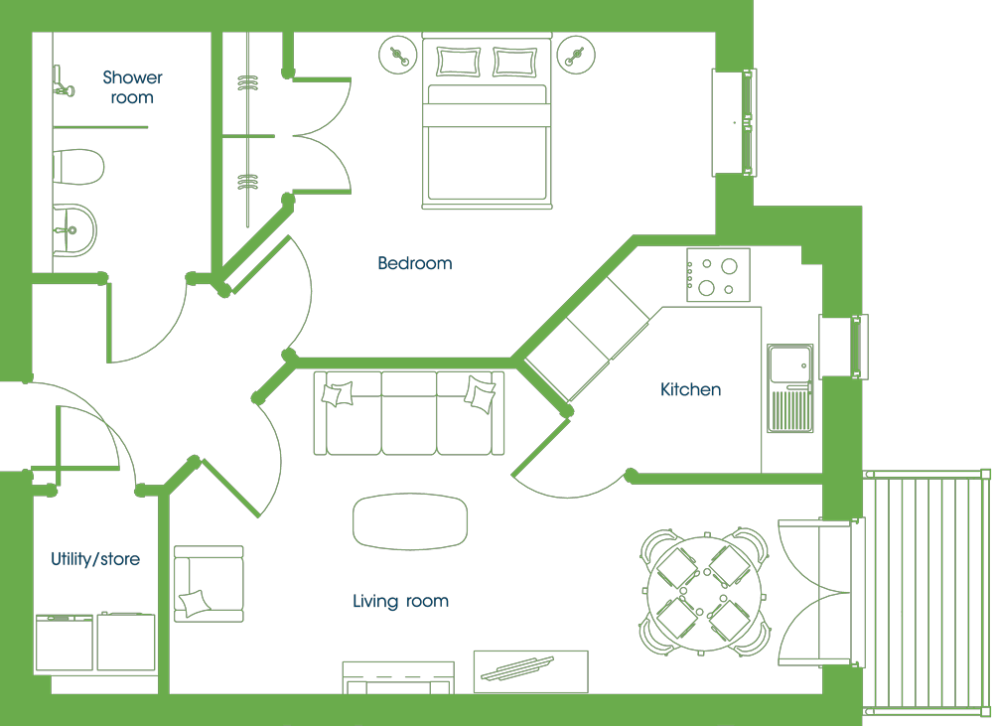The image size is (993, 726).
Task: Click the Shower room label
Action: tap(132, 87)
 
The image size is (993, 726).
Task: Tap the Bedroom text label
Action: tap(415, 263)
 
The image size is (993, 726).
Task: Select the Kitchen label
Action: tap(690, 389)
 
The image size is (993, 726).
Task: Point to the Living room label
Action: tap(400, 601)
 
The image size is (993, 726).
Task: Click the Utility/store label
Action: tap(95, 559)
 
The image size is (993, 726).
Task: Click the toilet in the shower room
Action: tap(77, 167)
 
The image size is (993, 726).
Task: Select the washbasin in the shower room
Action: tap(74, 230)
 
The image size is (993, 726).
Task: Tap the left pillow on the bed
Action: tap(458, 62)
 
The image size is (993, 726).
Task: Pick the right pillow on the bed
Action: tap(514, 62)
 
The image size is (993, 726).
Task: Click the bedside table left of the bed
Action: tap(398, 55)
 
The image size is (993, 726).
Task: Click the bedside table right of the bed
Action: tap(576, 55)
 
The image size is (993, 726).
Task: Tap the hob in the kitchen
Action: tap(718, 275)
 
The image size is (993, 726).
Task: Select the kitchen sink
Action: tap(789, 388)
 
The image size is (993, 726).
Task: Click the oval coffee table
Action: tap(410, 521)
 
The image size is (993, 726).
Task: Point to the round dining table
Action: tap(705, 594)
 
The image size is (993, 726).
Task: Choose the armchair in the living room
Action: tap(209, 583)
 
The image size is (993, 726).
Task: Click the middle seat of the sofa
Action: tap(408, 413)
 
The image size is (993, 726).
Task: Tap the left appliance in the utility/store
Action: tap(64, 642)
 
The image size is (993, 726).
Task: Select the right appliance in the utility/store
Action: tap(126, 642)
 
